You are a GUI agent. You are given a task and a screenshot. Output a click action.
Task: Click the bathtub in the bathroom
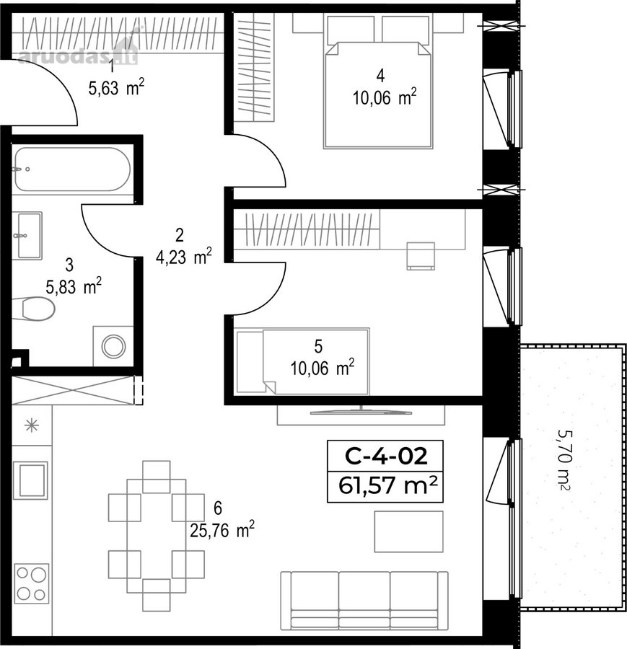pyautogui.click(x=73, y=169)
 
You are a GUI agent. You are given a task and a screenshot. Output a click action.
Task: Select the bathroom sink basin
pyautogui.click(x=30, y=236)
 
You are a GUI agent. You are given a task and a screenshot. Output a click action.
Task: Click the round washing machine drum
pyautogui.click(x=113, y=346)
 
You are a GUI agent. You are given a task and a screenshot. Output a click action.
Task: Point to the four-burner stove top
pyautogui.click(x=32, y=583)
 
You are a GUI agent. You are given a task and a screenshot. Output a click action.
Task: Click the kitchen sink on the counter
pyautogui.click(x=30, y=480)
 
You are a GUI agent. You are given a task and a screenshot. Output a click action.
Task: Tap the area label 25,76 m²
pyautogui.click(x=222, y=530)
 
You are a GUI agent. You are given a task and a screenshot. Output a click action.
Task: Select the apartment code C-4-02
pyautogui.click(x=385, y=456)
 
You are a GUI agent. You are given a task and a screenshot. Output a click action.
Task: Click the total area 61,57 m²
pyautogui.click(x=387, y=485)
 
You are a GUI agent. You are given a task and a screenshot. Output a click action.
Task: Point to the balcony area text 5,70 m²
pyautogui.click(x=565, y=459)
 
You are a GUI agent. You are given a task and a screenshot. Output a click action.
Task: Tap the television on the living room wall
pyautogui.click(x=361, y=412)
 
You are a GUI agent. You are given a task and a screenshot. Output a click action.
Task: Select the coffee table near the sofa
pyautogui.click(x=409, y=531)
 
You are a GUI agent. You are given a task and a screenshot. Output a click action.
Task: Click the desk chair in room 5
pyautogui.click(x=421, y=256)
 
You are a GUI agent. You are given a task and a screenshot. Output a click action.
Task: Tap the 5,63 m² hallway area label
pyautogui.click(x=116, y=88)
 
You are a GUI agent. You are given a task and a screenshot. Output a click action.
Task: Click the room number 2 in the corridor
pyautogui.click(x=180, y=235)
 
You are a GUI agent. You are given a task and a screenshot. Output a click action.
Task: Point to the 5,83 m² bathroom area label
pyautogui.click(x=74, y=287)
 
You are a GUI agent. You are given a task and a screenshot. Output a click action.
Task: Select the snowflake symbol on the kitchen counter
pyautogui.click(x=32, y=425)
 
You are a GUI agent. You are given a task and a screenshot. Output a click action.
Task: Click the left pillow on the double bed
pyautogui.click(x=351, y=29)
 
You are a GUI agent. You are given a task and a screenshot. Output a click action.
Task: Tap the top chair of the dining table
pyautogui.click(x=156, y=477)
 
